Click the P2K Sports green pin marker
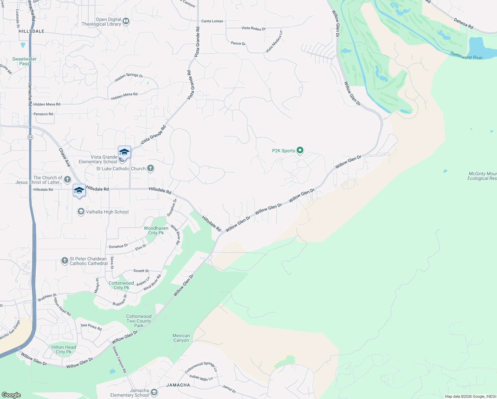pyautogui.click(x=300, y=151)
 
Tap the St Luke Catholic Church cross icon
pyautogui.click(x=150, y=168)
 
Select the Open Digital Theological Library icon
pyautogui.click(x=126, y=22)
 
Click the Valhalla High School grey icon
pyautogui.click(x=81, y=212)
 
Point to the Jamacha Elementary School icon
pyautogui.click(x=154, y=393)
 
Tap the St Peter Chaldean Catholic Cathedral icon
pyautogui.click(x=65, y=261)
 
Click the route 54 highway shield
pyautogui.click(x=30, y=137)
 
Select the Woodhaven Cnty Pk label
pyautogui.click(x=156, y=230)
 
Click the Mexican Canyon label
pyautogui.click(x=181, y=338)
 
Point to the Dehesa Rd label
pyautogui.click(x=463, y=23)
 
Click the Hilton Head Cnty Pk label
pyautogui.click(x=63, y=349)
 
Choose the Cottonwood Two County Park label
pyautogui.click(x=139, y=321)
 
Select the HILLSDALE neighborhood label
pyautogui.click(x=32, y=31)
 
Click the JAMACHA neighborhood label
pyautogui.click(x=178, y=385)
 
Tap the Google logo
pyautogui.click(x=11, y=395)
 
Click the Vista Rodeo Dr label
pyautogui.click(x=253, y=28)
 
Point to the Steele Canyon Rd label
pyautogui.click(x=119, y=359)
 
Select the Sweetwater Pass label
pyautogui.click(x=24, y=61)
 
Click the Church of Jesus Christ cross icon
pyautogui.click(x=67, y=180)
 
